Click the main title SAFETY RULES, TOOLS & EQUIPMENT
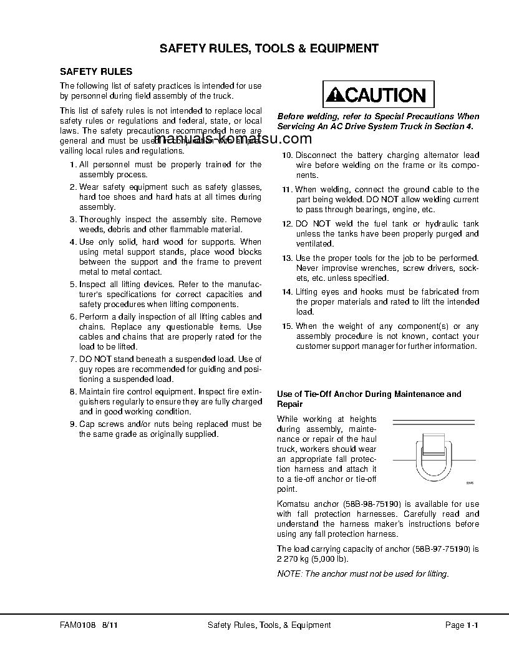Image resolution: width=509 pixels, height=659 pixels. pyautogui.click(x=269, y=48)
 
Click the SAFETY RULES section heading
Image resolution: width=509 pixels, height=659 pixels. pyautogui.click(x=95, y=72)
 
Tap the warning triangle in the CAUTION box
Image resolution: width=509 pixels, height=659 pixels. pyautogui.click(x=336, y=95)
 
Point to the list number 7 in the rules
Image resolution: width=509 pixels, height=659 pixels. pyautogui.click(x=72, y=359)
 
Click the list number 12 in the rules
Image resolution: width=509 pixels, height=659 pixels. pyautogui.click(x=287, y=223)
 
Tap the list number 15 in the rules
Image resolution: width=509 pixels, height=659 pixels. pyautogui.click(x=287, y=326)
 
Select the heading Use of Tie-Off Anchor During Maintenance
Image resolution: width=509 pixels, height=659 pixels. pyautogui.click(x=369, y=394)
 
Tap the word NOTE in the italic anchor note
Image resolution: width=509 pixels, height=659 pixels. pyautogui.click(x=288, y=574)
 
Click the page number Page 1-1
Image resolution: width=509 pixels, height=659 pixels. pyautogui.click(x=461, y=625)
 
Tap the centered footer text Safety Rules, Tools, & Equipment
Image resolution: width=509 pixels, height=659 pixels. pyautogui.click(x=269, y=625)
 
